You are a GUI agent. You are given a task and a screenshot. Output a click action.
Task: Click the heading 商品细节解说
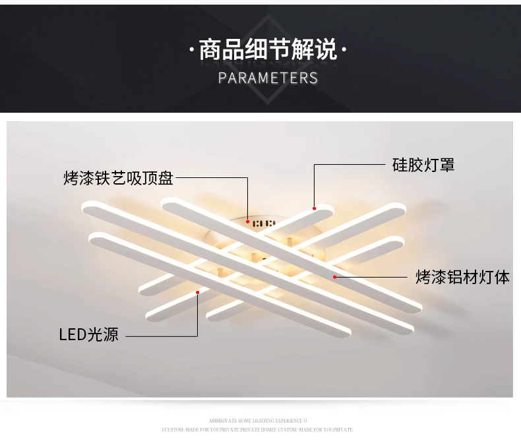[268, 50]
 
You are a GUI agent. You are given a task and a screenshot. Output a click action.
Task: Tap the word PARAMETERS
[268, 78]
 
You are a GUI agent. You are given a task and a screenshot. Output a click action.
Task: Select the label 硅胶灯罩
[423, 165]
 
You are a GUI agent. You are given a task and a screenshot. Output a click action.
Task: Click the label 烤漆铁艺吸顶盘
[119, 178]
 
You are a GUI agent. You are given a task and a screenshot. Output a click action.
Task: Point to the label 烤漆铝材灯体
[462, 277]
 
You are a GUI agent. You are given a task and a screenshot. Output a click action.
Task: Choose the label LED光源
[89, 335]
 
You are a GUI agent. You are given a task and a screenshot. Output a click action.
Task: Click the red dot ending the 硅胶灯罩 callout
[315, 208]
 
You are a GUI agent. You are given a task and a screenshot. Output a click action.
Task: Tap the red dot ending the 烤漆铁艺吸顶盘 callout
[247, 221]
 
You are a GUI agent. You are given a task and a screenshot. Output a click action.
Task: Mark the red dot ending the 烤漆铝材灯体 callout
[335, 277]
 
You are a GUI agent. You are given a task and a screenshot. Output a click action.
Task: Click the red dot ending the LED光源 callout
[197, 292]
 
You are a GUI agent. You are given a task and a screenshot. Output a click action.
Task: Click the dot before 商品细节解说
[191, 50]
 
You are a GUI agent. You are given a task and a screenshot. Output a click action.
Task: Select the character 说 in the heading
[326, 50]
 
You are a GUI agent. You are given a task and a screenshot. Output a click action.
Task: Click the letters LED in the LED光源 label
[73, 335]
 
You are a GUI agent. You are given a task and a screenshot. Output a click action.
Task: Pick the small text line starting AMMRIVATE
[258, 421]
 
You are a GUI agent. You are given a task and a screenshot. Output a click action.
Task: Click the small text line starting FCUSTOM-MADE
[257, 429]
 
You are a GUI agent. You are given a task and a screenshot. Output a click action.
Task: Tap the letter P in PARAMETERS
[222, 78]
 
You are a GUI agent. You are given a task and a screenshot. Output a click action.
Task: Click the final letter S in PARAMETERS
[313, 78]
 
